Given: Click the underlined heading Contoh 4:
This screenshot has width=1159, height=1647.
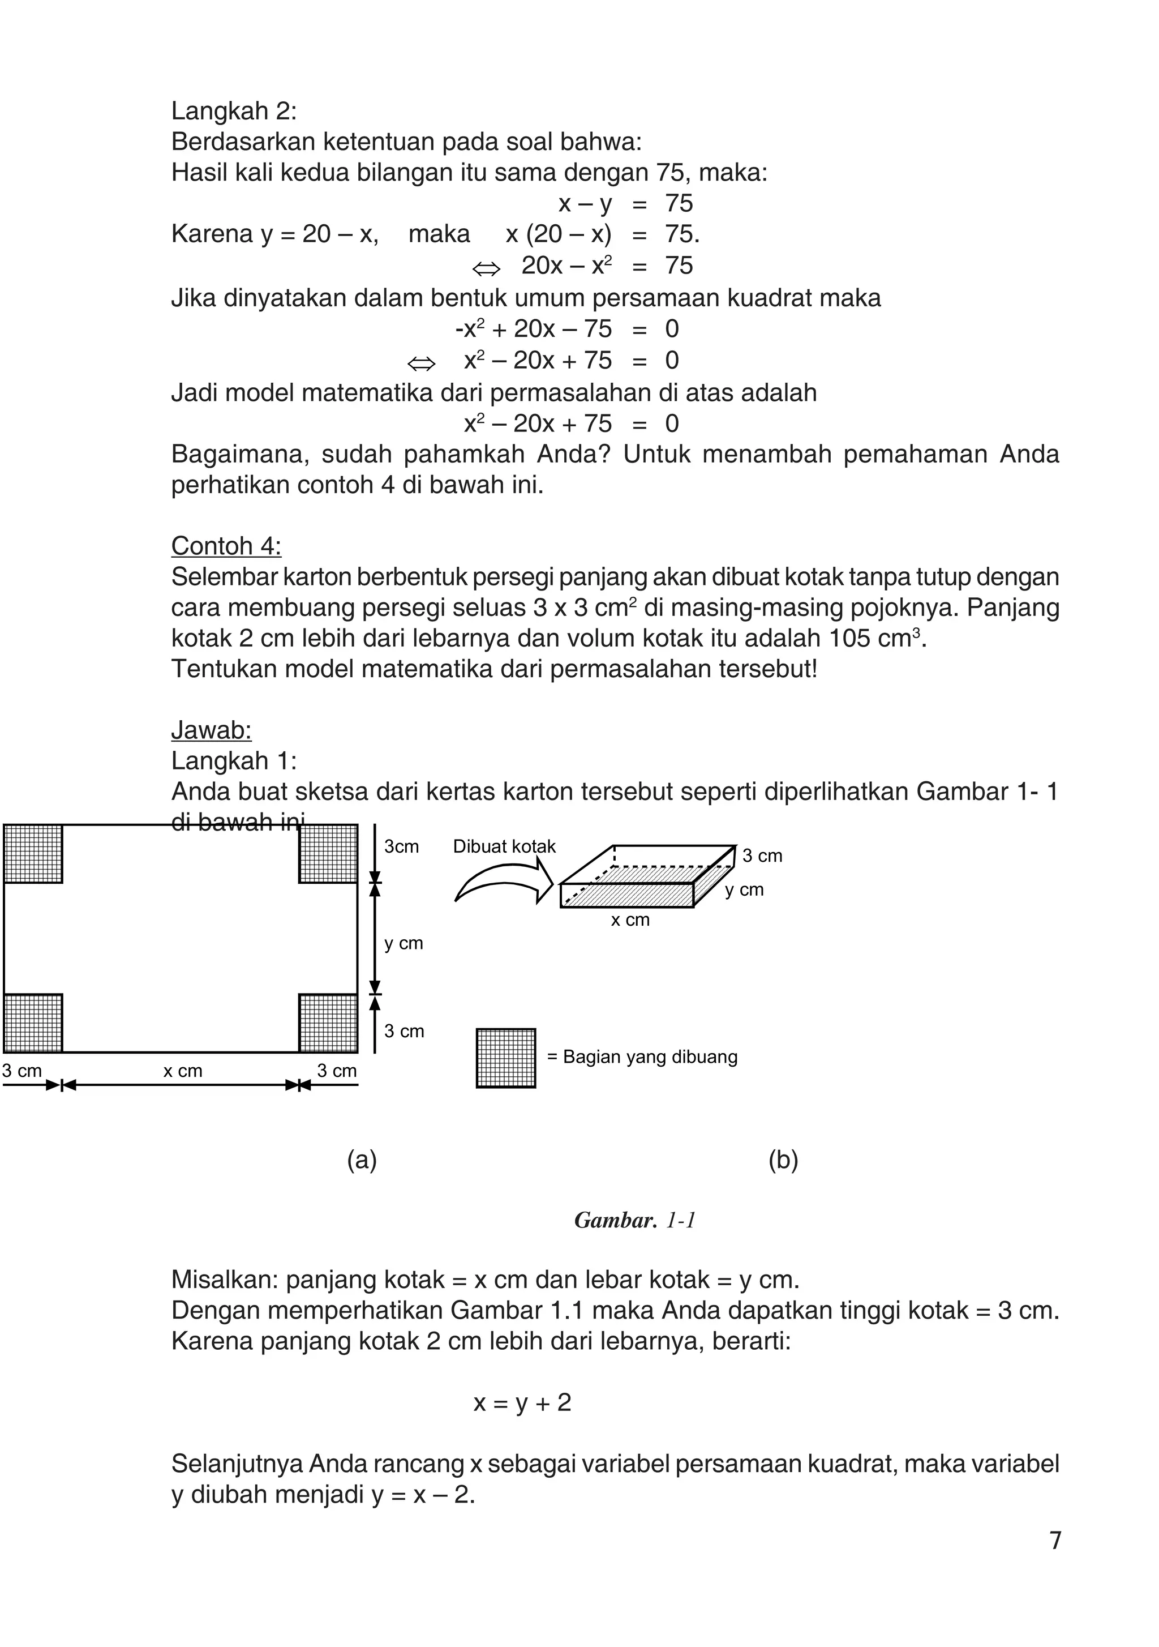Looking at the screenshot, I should point(226,546).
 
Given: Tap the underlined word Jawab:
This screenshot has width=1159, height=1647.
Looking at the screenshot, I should point(211,730).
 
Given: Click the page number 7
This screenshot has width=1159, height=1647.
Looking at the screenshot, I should point(1055,1540).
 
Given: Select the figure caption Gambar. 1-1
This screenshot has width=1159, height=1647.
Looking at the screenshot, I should point(635,1220).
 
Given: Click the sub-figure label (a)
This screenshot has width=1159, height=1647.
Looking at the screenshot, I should point(362,1160).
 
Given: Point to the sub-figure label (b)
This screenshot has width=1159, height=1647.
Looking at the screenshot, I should point(783,1160).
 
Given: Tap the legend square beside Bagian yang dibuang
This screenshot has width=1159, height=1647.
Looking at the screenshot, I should point(505,1058).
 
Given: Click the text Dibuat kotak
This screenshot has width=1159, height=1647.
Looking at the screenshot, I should point(504,846).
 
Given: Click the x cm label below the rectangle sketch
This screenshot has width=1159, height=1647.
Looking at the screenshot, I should point(182,1071).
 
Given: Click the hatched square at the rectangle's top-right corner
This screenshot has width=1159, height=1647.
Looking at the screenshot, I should point(328,854).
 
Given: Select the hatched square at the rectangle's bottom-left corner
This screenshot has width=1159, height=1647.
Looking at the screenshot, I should point(33,1023).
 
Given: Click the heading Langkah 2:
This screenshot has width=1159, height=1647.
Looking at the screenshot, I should point(234,111).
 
